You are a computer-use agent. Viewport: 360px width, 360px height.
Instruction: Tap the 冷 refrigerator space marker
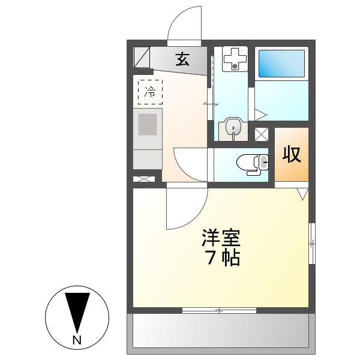pyautogui.click(x=151, y=92)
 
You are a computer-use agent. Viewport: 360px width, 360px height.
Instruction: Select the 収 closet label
pyautogui.click(x=292, y=155)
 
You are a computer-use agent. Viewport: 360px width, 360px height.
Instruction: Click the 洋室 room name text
pyautogui.click(x=220, y=238)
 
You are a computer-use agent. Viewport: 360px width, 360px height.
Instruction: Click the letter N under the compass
pyautogui.click(x=76, y=340)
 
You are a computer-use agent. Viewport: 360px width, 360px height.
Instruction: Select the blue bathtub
pyautogui.click(x=281, y=64)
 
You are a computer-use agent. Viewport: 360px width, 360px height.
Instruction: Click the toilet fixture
pyautogui.click(x=253, y=162)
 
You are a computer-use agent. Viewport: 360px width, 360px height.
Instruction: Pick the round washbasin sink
pyautogui.click(x=232, y=128)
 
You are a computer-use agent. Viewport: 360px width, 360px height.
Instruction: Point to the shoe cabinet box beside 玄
pyautogui.click(x=142, y=58)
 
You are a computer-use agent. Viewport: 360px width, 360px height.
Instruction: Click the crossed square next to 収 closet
pyautogui.click(x=262, y=134)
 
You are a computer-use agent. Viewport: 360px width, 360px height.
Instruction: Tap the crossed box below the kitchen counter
pyautogui.click(x=144, y=178)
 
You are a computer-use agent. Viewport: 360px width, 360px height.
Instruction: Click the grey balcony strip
pyautogui.click(x=220, y=331)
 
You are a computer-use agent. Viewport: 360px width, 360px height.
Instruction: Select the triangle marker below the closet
pyautogui.click(x=302, y=194)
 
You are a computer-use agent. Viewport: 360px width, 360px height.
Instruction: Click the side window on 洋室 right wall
pyautogui.click(x=312, y=242)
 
